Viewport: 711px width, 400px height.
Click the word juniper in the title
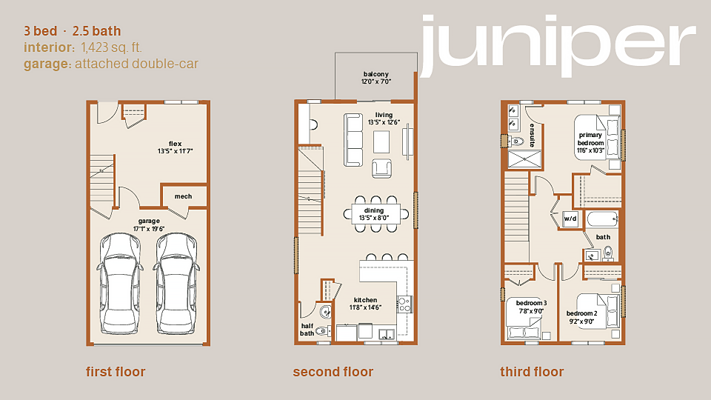(x=557, y=45)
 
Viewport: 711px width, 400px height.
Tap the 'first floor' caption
(x=116, y=372)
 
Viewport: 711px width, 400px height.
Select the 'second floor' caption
(x=333, y=372)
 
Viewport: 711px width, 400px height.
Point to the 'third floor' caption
(x=532, y=372)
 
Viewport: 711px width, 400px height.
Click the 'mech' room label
(x=183, y=196)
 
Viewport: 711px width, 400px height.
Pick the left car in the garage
(x=119, y=284)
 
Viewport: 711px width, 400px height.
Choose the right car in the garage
(x=176, y=284)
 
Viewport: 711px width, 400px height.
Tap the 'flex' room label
(x=175, y=144)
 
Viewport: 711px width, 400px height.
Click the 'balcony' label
(x=376, y=74)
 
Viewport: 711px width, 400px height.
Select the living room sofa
(x=353, y=140)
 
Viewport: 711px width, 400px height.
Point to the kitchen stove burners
(x=404, y=304)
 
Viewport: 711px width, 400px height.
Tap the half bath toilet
(x=322, y=330)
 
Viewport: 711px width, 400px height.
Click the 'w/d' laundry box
(x=570, y=219)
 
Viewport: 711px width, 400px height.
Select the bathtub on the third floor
(x=602, y=220)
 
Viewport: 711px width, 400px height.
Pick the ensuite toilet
(x=515, y=141)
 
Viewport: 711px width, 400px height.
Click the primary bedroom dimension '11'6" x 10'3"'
(x=590, y=150)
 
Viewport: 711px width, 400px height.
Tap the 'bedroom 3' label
(x=532, y=303)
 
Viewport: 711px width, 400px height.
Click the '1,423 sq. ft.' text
(x=112, y=47)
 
